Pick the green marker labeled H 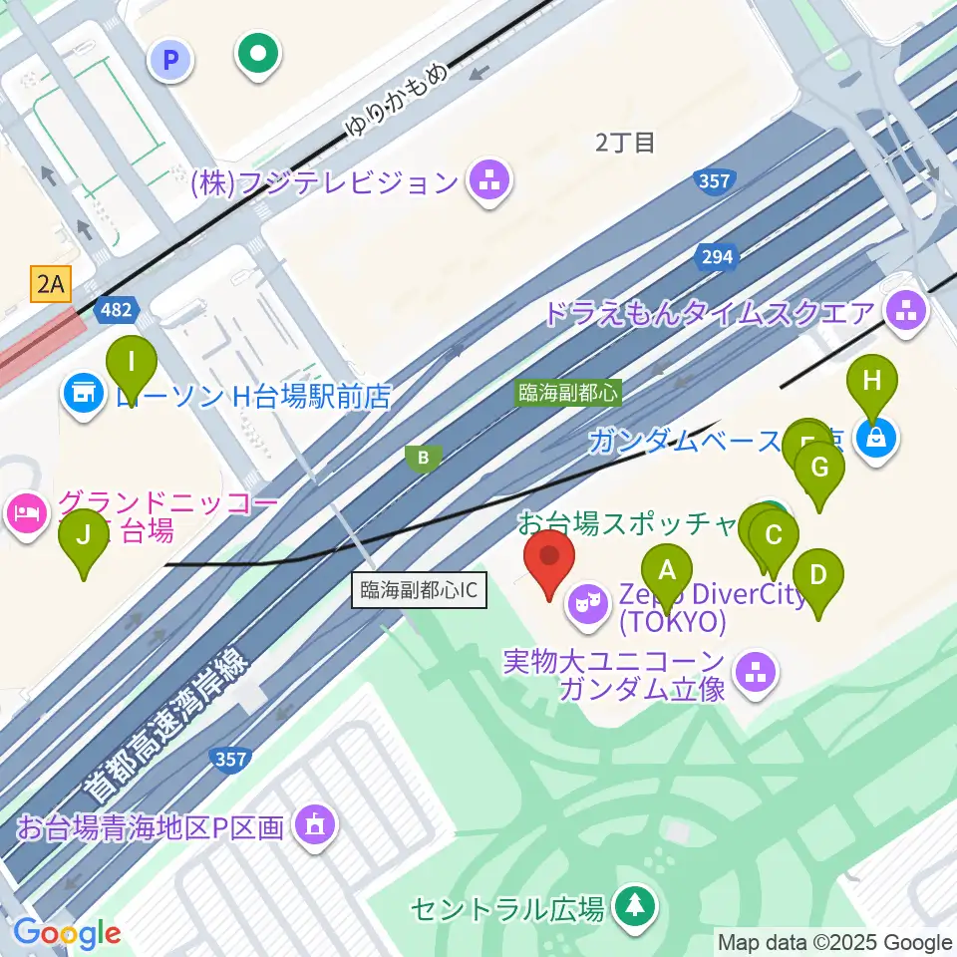pyautogui.click(x=872, y=384)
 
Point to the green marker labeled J pyautogui.click(x=84, y=539)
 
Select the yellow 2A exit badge pyautogui.click(x=52, y=285)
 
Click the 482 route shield pyautogui.click(x=115, y=311)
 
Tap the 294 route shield pyautogui.click(x=716, y=257)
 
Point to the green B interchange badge pyautogui.click(x=424, y=458)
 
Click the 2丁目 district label pyautogui.click(x=625, y=143)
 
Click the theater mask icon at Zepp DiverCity pyautogui.click(x=588, y=602)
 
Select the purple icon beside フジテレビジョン pyautogui.click(x=489, y=181)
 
